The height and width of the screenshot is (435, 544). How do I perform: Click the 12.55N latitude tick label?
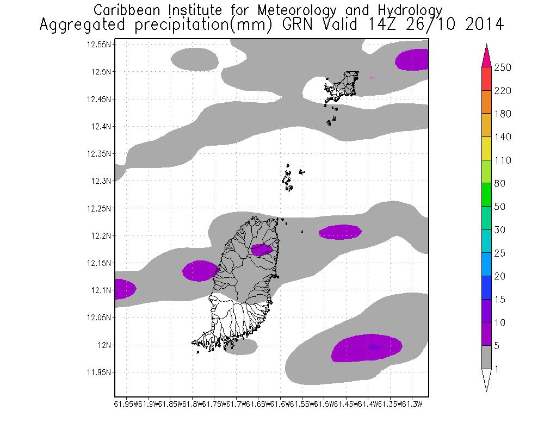(99, 45)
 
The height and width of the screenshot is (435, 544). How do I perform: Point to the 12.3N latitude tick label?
(101, 181)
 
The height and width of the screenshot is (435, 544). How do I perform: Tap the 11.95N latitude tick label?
(99, 372)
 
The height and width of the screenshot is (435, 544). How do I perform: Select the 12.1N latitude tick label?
(101, 290)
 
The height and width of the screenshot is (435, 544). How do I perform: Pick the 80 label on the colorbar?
(500, 184)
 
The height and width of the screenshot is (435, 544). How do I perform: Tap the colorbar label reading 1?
(497, 369)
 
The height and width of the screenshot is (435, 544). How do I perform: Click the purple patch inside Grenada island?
(262, 250)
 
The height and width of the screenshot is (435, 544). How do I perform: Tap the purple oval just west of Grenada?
(200, 271)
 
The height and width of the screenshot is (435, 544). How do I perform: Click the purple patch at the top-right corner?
(412, 60)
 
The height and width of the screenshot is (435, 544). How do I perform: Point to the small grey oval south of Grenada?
(241, 346)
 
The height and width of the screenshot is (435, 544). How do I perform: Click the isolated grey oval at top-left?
(194, 58)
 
